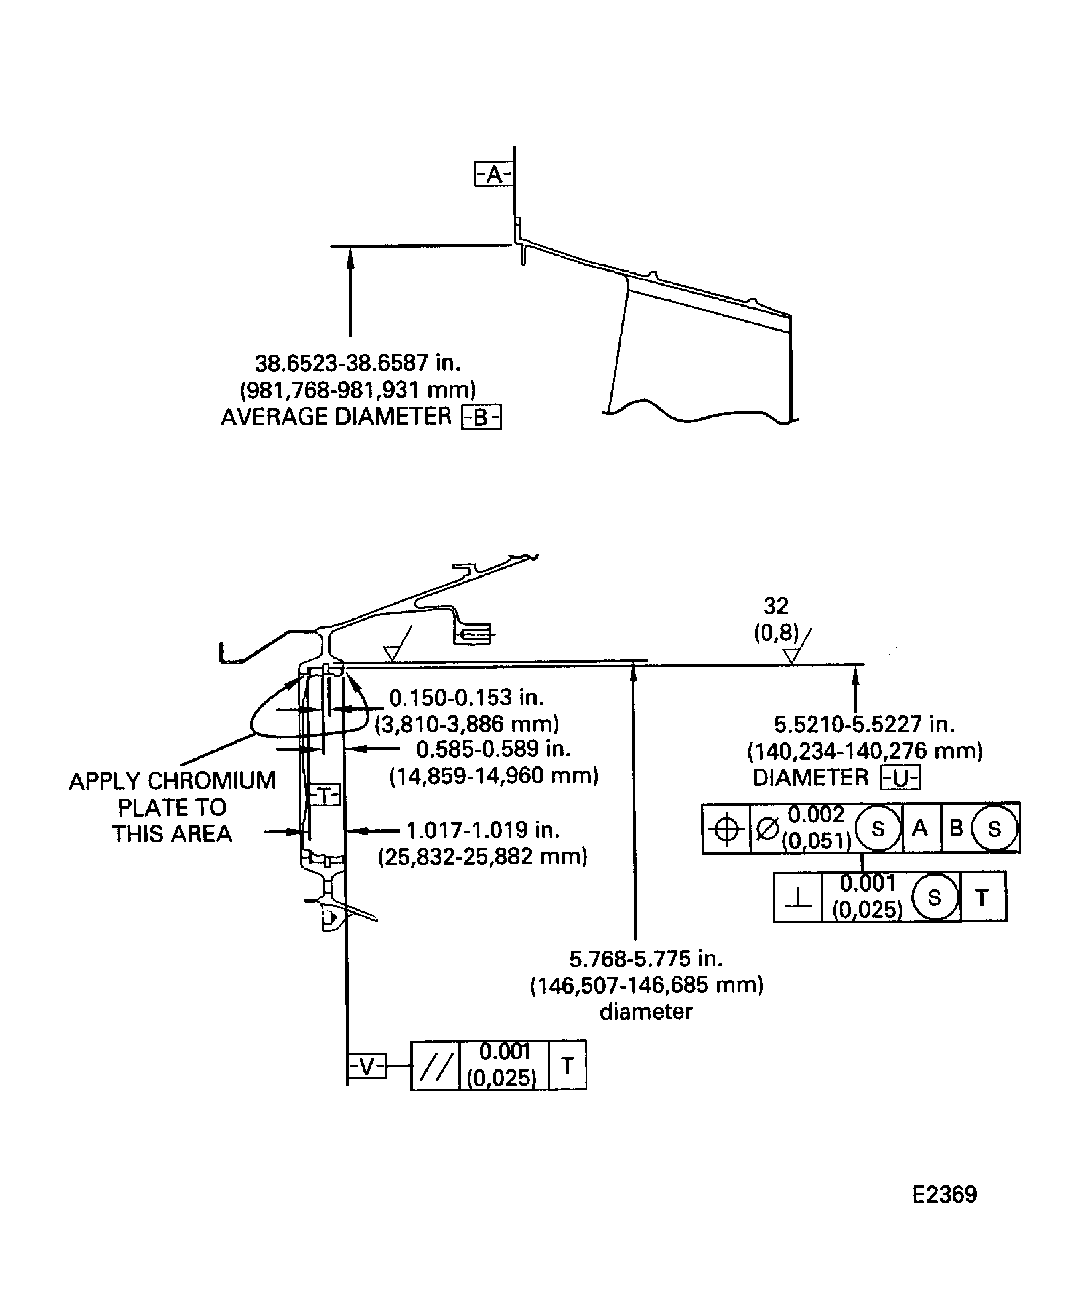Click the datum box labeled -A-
(x=493, y=175)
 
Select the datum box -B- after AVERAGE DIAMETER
(x=481, y=417)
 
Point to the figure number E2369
(x=944, y=1195)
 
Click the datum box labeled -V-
(x=367, y=1066)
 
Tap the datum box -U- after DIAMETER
(x=900, y=779)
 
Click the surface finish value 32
(x=776, y=605)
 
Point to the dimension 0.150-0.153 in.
(x=466, y=698)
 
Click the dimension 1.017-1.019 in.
(x=483, y=830)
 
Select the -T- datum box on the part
(x=325, y=795)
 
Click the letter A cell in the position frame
(x=920, y=828)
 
